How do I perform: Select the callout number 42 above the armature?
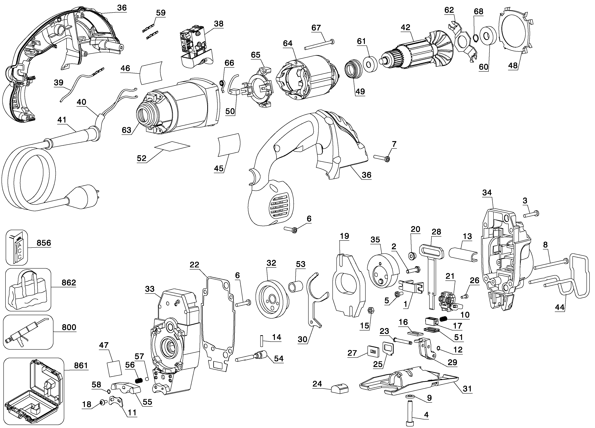pyautogui.click(x=405, y=27)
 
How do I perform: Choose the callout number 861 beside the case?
pyautogui.click(x=81, y=365)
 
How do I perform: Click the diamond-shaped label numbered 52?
pyautogui.click(x=172, y=146)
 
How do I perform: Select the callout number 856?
pyautogui.click(x=44, y=243)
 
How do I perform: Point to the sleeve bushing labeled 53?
pyautogui.click(x=296, y=287)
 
